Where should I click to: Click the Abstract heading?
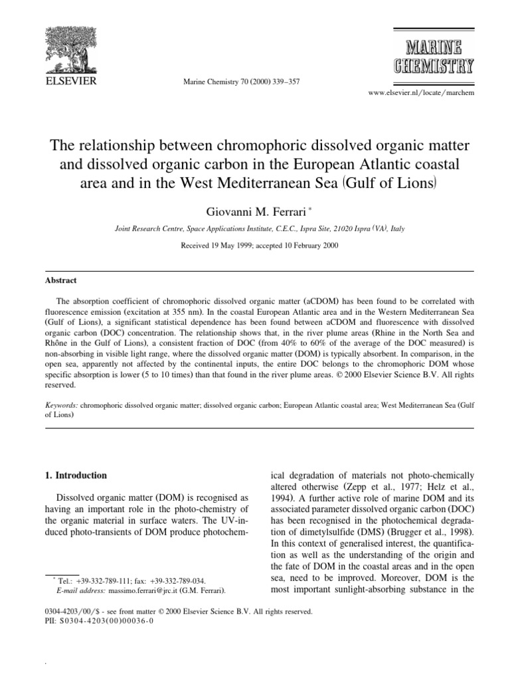point(58,281)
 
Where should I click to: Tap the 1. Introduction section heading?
point(75,476)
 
